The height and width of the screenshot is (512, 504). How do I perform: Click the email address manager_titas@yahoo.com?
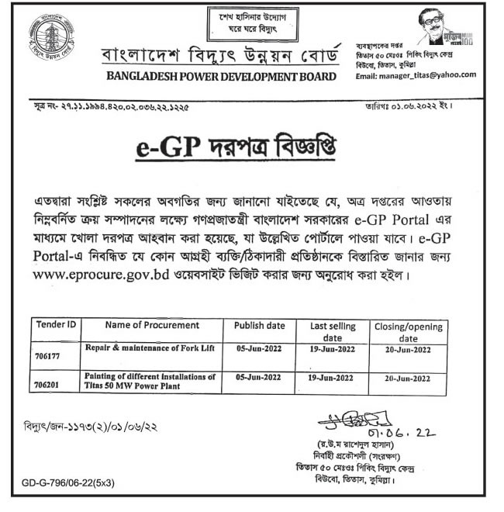pos(416,76)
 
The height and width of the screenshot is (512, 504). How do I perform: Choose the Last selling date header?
pos(332,332)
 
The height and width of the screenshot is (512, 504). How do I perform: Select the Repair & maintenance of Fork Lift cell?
pos(146,350)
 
